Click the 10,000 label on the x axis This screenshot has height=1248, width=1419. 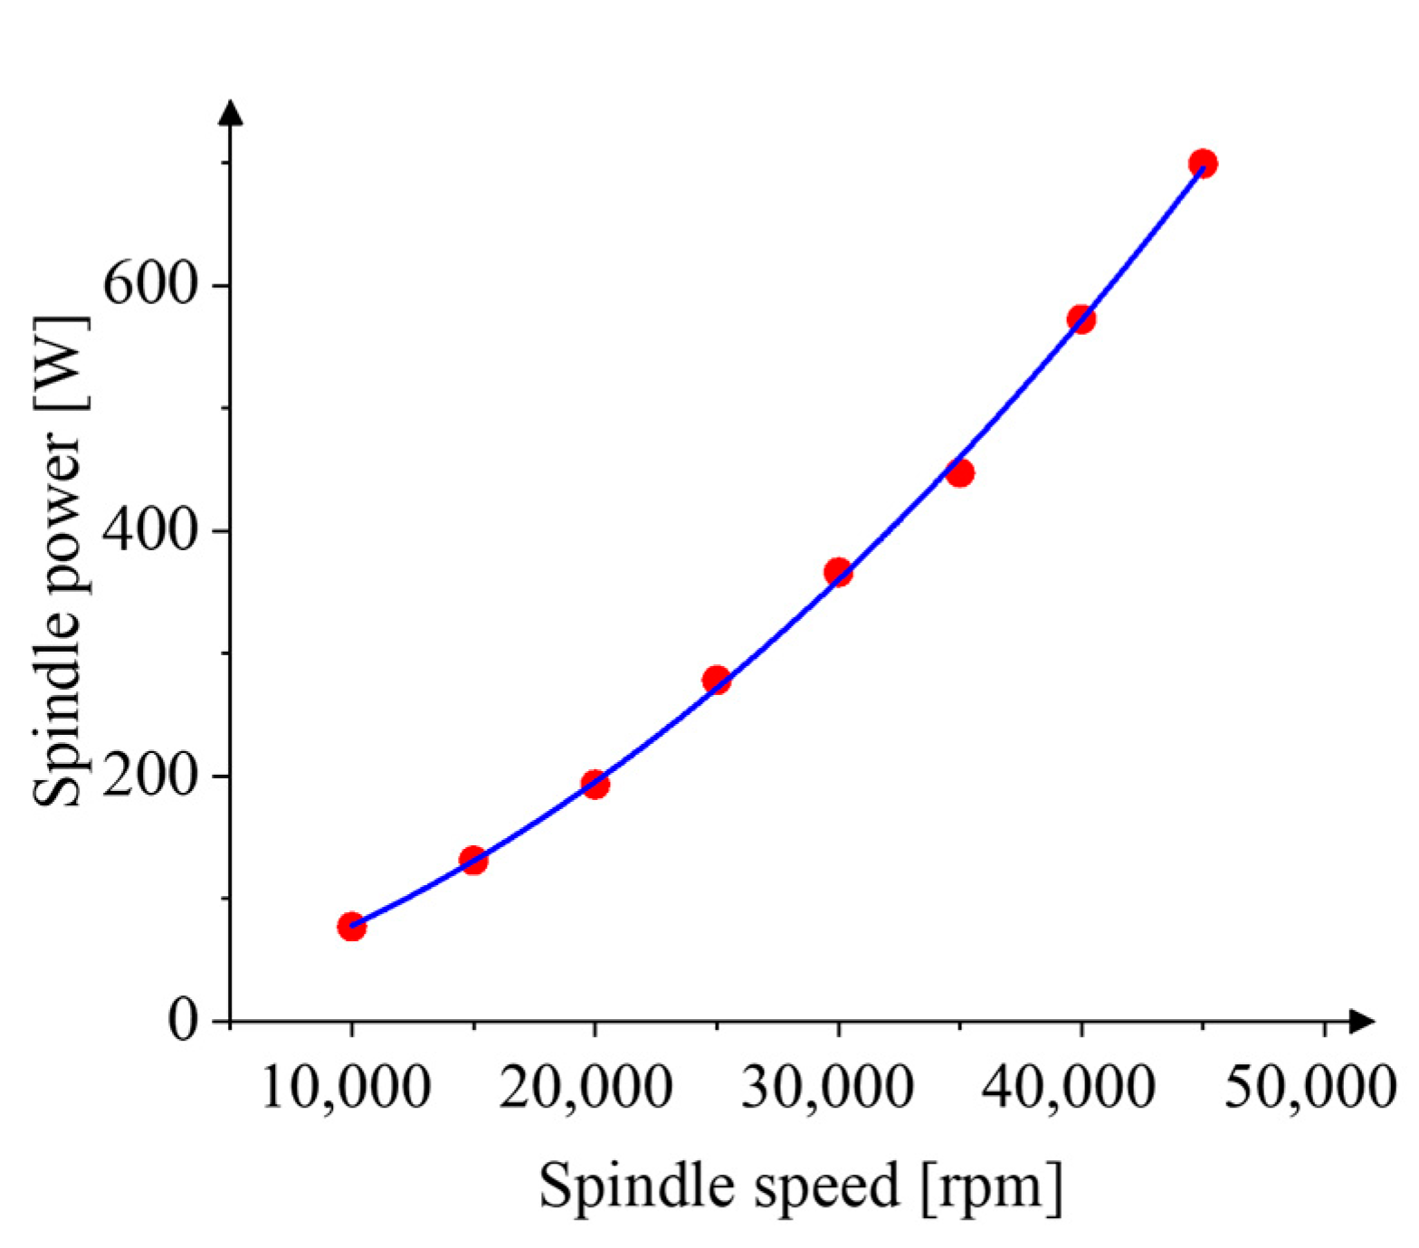click(346, 1086)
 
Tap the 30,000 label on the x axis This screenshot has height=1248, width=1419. click(828, 1086)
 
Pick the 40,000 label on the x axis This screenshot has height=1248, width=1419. click(1069, 1086)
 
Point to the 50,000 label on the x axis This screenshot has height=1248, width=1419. click(1311, 1086)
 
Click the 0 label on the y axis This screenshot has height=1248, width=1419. click(183, 1021)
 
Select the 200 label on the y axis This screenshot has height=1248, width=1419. click(150, 776)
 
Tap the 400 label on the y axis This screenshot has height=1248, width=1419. click(150, 530)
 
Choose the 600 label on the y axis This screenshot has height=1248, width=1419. click(150, 285)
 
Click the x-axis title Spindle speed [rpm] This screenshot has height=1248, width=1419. click(801, 1186)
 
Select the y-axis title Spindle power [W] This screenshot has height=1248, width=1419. click(60, 561)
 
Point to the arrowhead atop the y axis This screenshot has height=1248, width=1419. click(232, 111)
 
